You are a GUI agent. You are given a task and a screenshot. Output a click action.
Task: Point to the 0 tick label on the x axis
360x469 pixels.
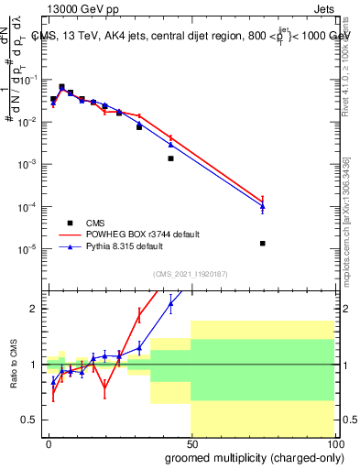click(x=49, y=442)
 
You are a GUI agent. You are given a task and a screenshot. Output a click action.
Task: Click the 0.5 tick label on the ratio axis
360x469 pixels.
click(x=30, y=420)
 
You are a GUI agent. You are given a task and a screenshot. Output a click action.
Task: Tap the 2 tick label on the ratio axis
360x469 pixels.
click(x=35, y=309)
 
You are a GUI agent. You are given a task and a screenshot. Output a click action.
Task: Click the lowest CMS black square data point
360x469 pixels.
click(x=263, y=244)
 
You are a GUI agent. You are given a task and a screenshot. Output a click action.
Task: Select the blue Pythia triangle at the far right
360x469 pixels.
click(x=263, y=207)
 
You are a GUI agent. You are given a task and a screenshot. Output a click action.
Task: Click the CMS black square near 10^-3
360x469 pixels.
click(x=170, y=158)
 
